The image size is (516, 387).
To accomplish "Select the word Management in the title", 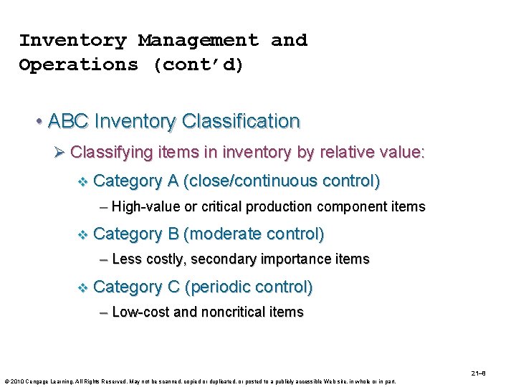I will (199, 40).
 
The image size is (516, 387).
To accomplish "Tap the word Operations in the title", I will (79, 64).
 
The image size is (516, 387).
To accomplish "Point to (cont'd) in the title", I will (199, 64).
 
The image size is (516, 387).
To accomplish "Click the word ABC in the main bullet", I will (67, 121).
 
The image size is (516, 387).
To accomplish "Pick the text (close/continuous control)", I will (282, 181).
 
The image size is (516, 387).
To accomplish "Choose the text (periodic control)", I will (249, 287).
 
